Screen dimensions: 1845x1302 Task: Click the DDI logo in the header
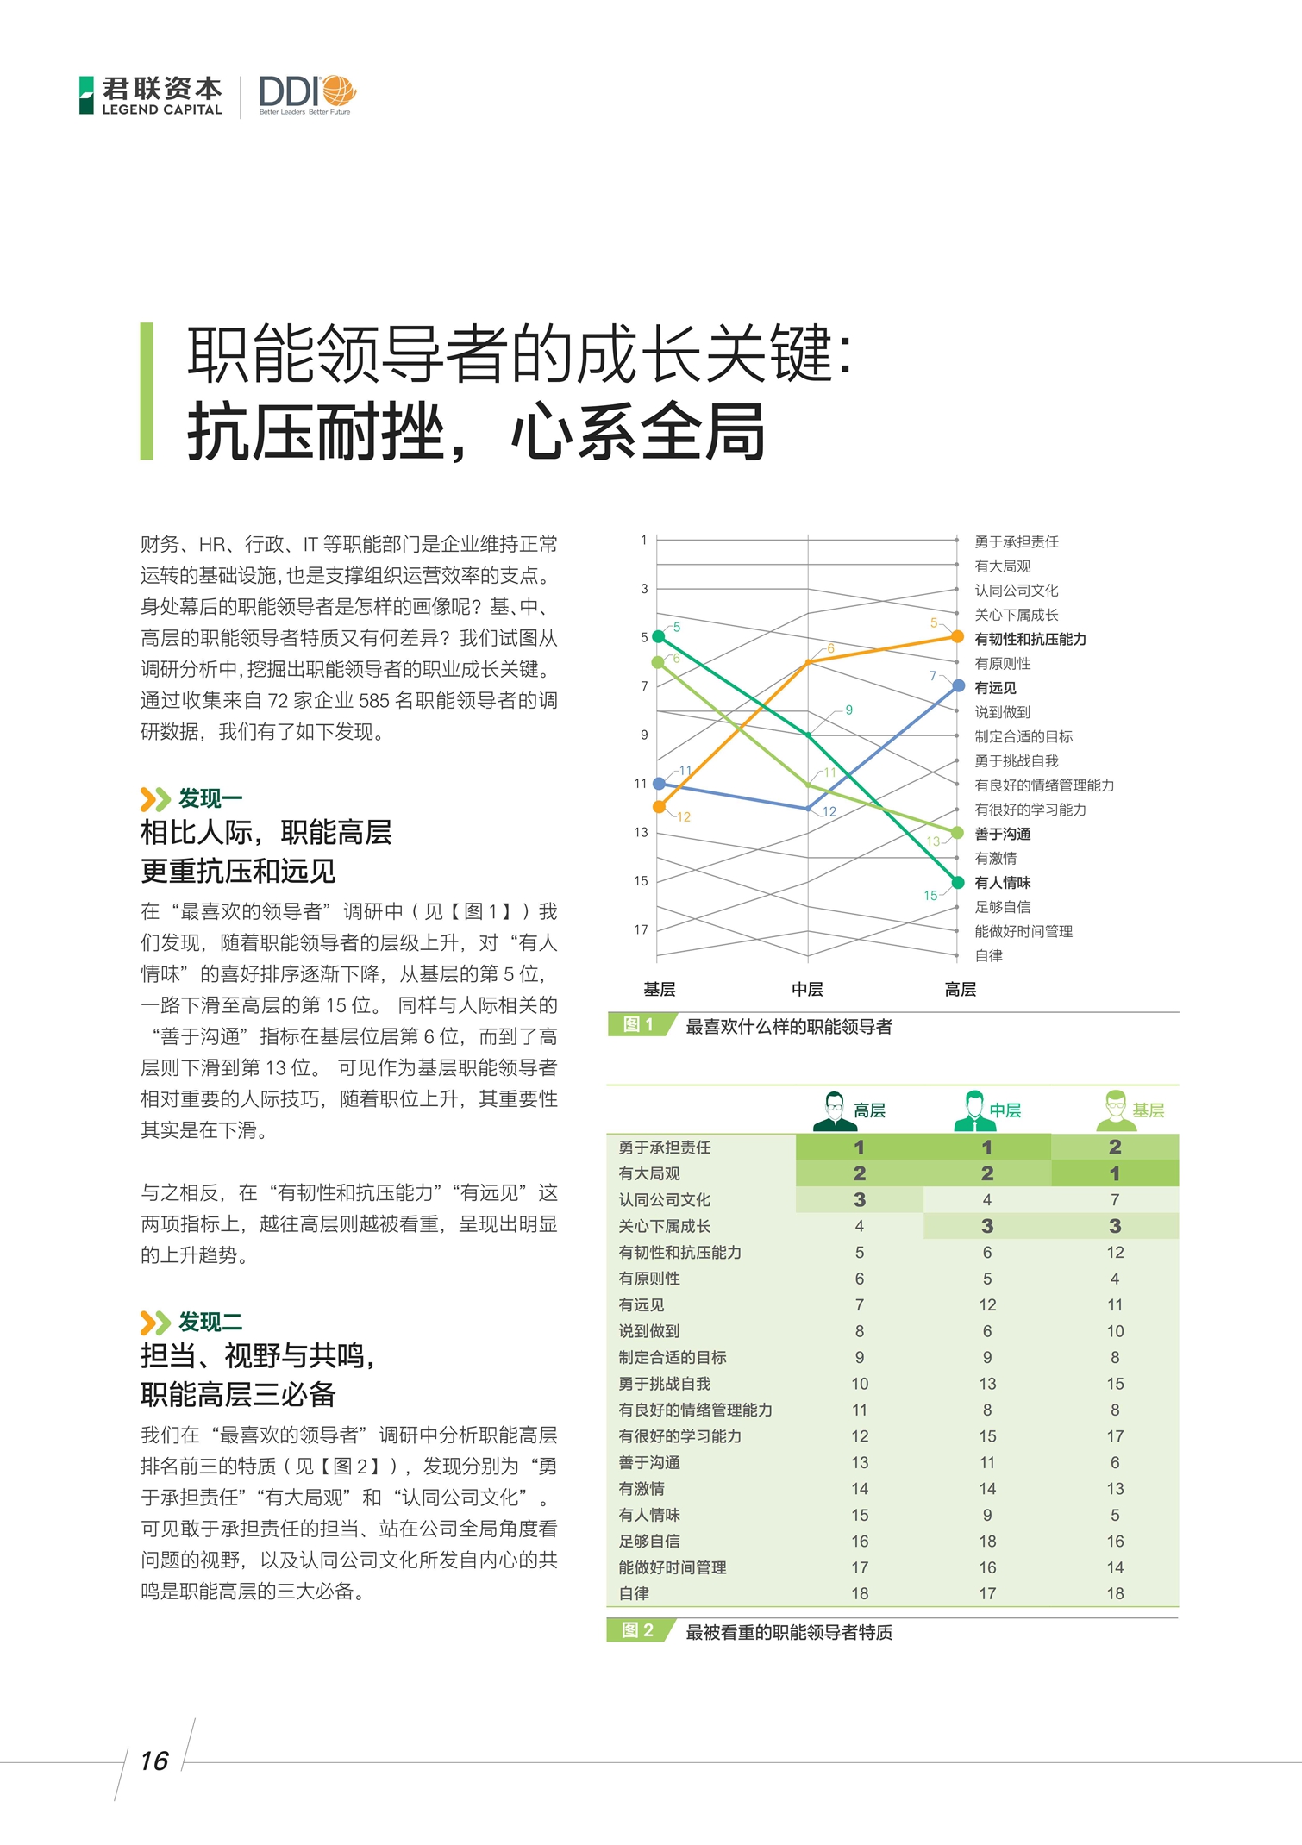306,93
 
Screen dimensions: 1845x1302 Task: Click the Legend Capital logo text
161,95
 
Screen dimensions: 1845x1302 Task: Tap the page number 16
154,1761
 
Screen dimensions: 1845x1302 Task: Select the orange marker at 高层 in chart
957,636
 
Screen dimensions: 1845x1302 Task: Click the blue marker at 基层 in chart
659,783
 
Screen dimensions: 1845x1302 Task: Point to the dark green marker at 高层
957,882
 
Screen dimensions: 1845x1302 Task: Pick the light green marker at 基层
658,662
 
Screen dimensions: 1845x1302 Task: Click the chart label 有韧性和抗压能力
1030,639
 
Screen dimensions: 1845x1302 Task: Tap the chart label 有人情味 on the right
1002,882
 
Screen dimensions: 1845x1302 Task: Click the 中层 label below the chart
807,989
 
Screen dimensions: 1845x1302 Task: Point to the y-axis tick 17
641,929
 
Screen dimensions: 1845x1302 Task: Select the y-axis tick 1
643,541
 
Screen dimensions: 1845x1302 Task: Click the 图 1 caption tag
638,1024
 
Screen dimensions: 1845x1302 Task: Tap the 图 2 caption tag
638,1630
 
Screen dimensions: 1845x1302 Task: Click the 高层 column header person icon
834,1110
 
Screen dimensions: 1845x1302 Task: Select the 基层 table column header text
1148,1110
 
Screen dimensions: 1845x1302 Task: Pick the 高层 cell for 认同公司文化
859,1199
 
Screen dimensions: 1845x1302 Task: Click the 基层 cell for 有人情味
1115,1515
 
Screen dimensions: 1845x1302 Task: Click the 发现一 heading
210,798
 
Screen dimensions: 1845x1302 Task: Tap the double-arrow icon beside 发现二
155,1323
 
